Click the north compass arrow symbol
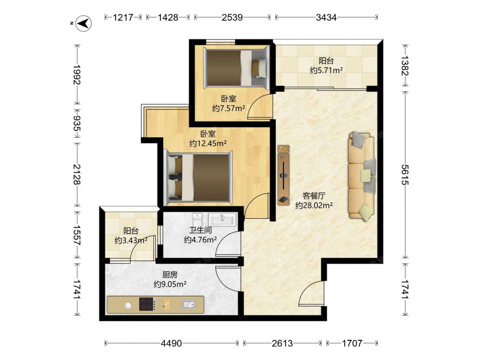84,23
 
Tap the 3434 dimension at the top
326,17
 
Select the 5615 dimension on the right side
405,175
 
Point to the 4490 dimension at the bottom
171,343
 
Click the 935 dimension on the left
77,124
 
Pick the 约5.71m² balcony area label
326,71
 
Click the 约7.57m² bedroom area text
228,108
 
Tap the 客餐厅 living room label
314,196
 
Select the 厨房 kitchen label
170,275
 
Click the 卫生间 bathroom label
201,230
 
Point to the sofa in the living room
362,176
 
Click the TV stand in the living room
284,175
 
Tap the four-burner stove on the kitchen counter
147,304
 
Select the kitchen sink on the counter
189,305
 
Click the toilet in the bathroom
197,219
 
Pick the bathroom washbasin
223,219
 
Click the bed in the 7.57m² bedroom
236,68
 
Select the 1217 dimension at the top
123,17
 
